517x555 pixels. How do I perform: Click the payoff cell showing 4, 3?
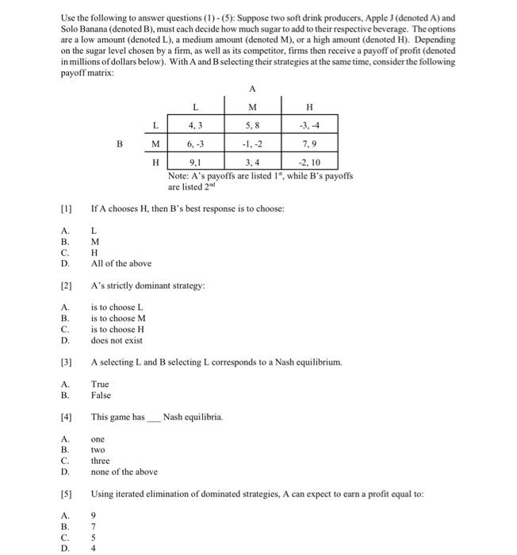click(x=195, y=124)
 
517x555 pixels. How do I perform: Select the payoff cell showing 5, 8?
click(x=252, y=124)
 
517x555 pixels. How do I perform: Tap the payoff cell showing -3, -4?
click(x=309, y=124)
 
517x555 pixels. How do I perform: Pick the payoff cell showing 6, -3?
click(x=195, y=144)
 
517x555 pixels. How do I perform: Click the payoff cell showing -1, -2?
click(x=252, y=144)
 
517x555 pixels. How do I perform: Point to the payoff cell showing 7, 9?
click(x=309, y=144)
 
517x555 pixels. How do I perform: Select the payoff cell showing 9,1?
click(x=195, y=163)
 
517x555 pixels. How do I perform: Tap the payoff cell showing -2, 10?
click(x=309, y=163)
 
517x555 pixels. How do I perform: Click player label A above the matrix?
click(x=252, y=89)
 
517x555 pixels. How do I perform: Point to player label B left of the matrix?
click(x=120, y=144)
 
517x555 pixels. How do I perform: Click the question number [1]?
click(x=67, y=209)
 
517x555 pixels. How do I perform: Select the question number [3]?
click(x=67, y=362)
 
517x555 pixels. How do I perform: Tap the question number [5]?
click(x=67, y=494)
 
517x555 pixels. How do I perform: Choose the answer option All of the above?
click(x=121, y=263)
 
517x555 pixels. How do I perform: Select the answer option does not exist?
click(x=117, y=340)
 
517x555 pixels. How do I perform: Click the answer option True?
click(x=101, y=384)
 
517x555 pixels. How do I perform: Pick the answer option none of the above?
click(x=124, y=472)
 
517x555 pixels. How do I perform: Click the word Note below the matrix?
click(x=178, y=175)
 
